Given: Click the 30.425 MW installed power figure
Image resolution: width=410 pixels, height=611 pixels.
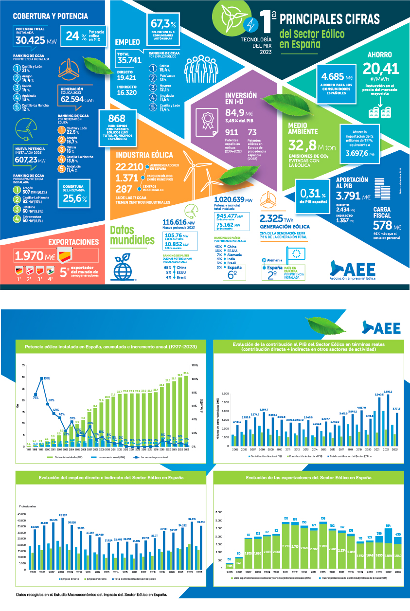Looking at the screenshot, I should (31, 41).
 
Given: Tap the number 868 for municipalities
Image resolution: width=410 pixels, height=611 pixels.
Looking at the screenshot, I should (117, 119).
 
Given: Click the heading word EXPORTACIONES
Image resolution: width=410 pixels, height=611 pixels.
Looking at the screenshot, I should (74, 242).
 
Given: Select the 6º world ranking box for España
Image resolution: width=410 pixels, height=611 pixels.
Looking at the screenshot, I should (232, 273).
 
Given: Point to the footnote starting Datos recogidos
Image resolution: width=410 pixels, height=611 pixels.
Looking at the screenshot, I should (91, 594).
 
